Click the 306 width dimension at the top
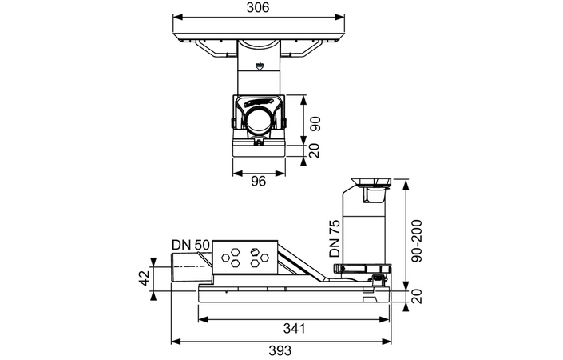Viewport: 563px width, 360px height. [258, 8]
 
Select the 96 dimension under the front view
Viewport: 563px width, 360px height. [257, 181]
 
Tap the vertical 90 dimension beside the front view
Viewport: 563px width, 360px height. [315, 124]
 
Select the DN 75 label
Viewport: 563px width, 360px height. [335, 238]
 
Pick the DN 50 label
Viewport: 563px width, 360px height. [191, 245]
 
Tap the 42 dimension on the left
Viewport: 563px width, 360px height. [144, 278]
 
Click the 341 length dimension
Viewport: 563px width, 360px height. [293, 329]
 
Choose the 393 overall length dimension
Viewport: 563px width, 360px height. [280, 350]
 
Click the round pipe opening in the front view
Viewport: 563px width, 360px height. [258, 122]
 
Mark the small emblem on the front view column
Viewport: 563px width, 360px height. [258, 66]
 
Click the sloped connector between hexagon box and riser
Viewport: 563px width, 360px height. [307, 268]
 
